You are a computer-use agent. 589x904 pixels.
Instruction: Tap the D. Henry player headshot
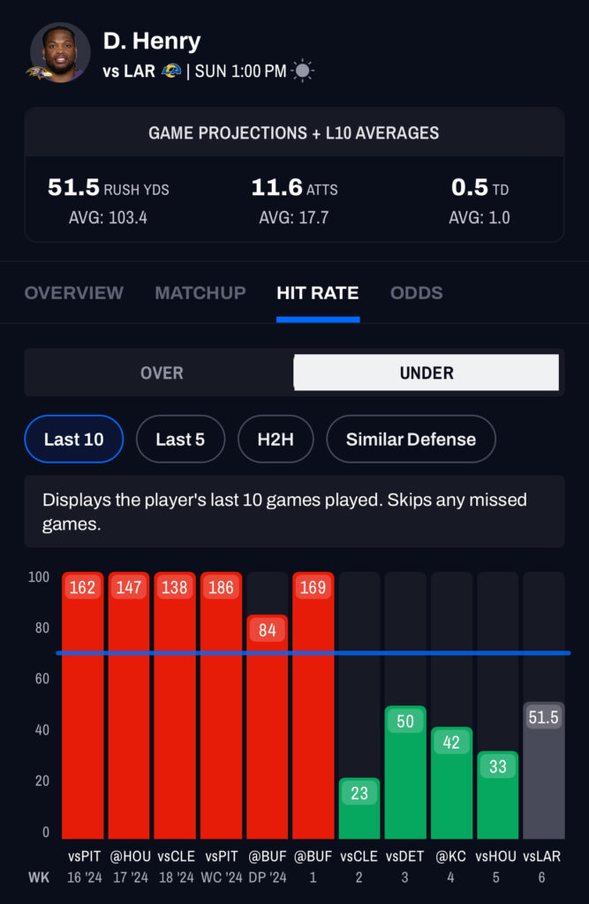60,52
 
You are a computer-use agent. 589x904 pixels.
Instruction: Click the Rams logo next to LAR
171,71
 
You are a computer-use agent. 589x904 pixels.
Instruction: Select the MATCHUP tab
200,293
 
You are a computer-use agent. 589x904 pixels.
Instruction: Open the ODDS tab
417,293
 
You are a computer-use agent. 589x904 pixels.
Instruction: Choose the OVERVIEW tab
74,293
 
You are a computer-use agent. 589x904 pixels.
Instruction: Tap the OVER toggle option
162,373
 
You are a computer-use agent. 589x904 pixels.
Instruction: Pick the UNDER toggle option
427,373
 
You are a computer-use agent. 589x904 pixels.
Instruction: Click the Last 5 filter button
180,439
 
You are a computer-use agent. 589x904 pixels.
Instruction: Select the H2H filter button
276,439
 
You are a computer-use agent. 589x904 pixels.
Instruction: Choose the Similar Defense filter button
411,439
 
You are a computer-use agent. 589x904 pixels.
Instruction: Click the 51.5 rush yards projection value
73,188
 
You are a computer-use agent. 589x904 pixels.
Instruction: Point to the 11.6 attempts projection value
276,188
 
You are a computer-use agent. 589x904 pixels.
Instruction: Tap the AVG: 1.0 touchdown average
479,217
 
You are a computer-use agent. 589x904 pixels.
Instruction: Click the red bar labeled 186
222,706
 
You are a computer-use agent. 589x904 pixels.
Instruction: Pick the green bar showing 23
359,809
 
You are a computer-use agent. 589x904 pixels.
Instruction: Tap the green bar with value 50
405,772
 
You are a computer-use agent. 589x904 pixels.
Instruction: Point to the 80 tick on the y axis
39,628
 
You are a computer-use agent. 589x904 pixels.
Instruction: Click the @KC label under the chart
451,856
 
